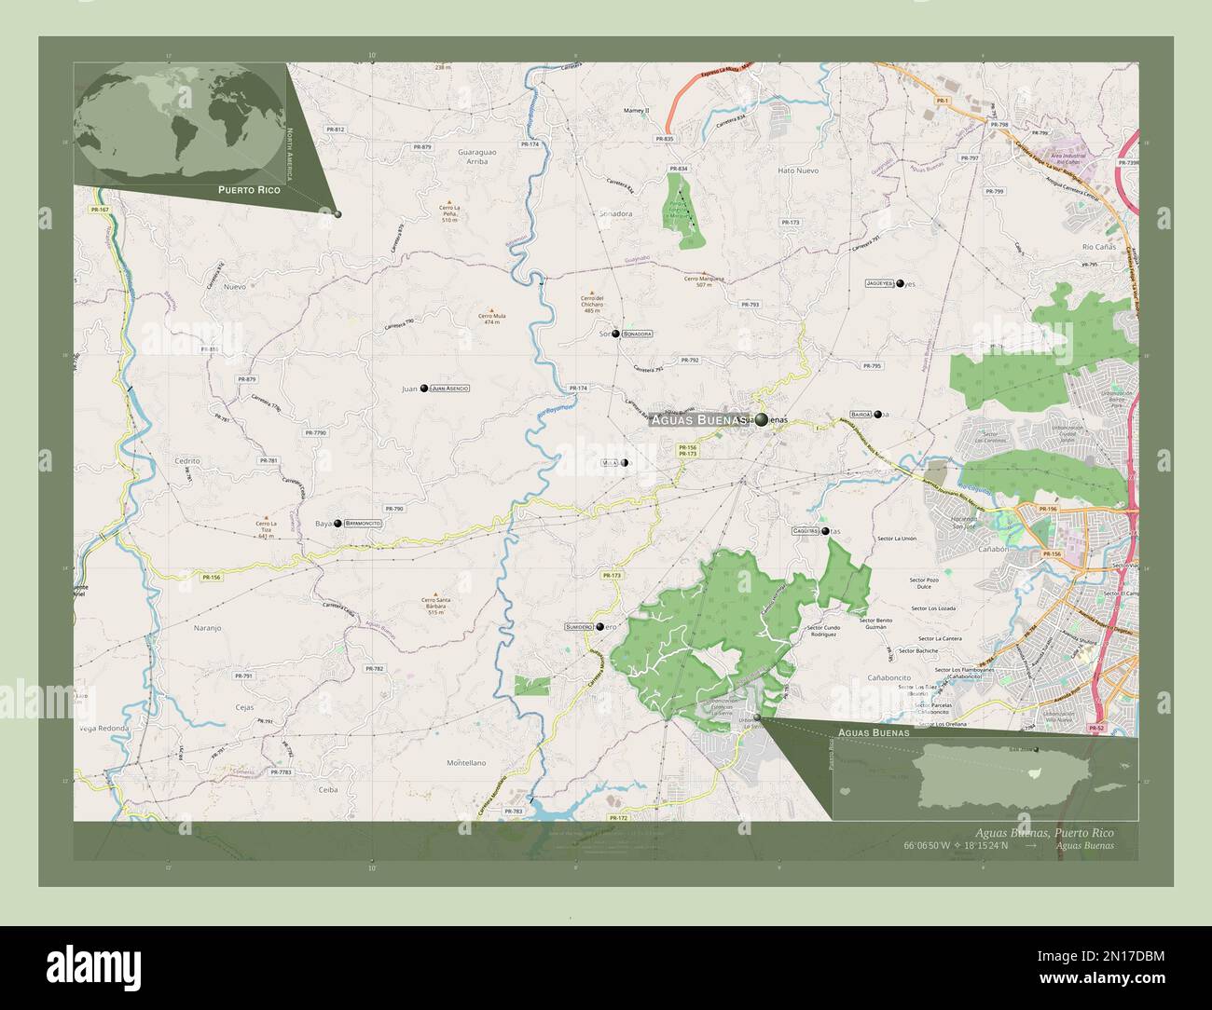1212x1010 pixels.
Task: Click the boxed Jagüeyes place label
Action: (880, 282)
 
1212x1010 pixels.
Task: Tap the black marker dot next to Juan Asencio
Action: (424, 388)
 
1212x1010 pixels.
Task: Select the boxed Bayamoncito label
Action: (363, 524)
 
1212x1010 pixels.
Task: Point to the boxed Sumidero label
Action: (578, 627)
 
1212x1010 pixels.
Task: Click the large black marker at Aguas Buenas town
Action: (762, 420)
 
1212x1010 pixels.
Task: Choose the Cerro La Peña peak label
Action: (450, 213)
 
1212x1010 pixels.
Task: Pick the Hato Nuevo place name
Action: (797, 171)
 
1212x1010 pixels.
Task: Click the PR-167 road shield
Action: (100, 210)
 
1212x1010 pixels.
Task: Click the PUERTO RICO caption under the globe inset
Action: (248, 189)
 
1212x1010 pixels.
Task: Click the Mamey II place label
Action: (636, 111)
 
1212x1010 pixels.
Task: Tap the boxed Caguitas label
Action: (806, 530)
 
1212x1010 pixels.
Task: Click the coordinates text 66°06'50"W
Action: (939, 846)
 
